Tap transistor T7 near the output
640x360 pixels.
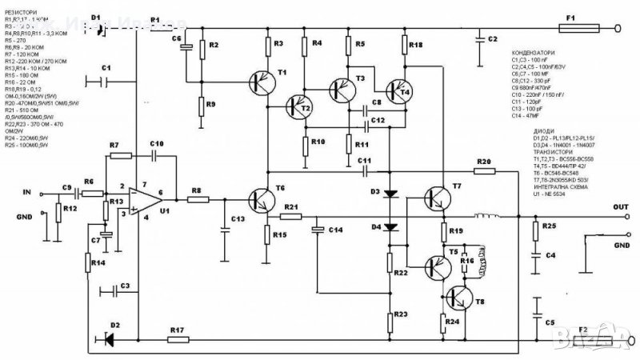pos(436,196)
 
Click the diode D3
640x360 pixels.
pos(390,193)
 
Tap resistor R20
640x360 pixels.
pos(484,170)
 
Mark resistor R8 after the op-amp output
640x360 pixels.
pos(195,200)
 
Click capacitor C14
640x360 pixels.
pos(318,230)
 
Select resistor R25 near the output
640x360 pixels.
pos(534,230)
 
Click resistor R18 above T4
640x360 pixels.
pos(405,49)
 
